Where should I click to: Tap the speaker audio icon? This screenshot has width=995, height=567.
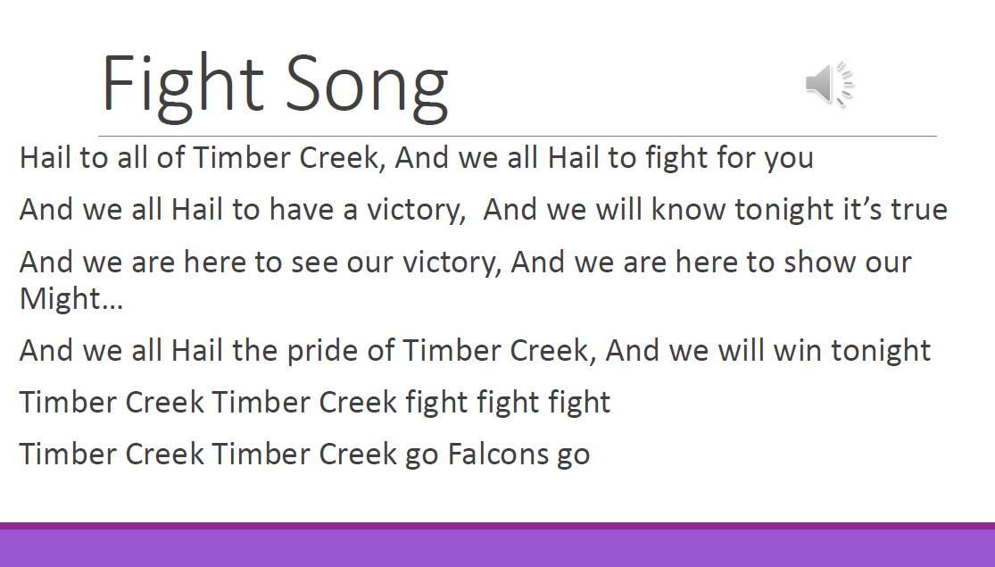(829, 86)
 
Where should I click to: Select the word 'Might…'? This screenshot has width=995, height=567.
(71, 299)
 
